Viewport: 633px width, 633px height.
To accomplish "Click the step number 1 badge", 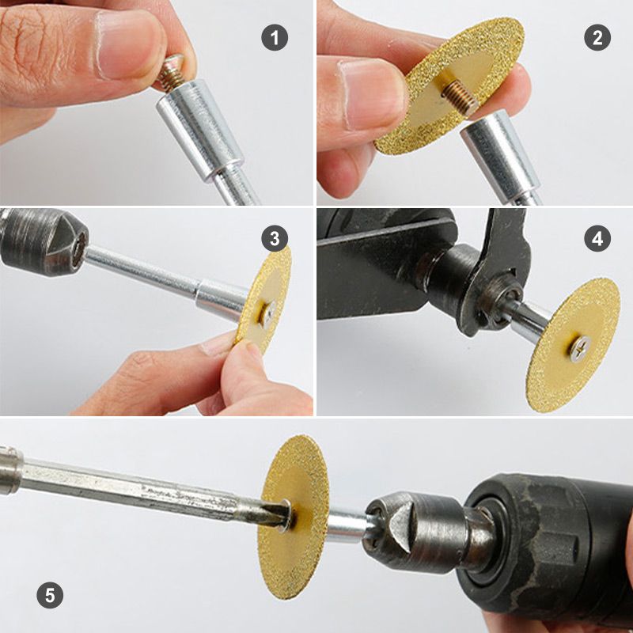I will (x=275, y=37).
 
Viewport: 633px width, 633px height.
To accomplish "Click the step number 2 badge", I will (x=597, y=37).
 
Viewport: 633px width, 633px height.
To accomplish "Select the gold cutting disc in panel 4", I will (x=574, y=316).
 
